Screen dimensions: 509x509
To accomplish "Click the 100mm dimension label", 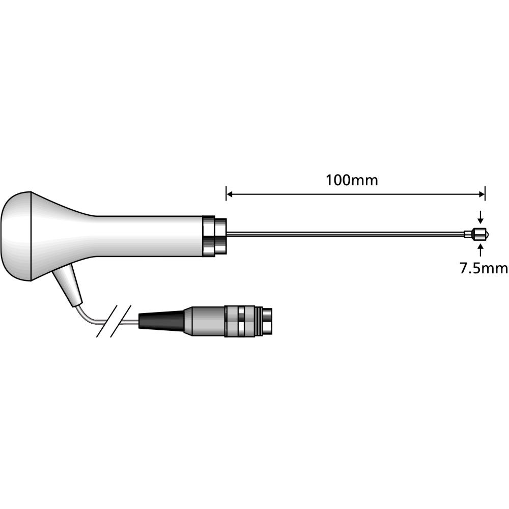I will (352, 180).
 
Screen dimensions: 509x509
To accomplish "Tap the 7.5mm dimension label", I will (484, 268).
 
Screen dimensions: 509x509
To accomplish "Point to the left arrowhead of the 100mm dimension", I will (230, 193).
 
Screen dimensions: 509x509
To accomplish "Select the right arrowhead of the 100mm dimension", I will (482, 193).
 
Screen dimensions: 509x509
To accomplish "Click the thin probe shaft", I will (346, 234).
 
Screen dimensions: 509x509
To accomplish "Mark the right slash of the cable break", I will (122, 322).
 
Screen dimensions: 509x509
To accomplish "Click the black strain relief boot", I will (160, 322).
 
